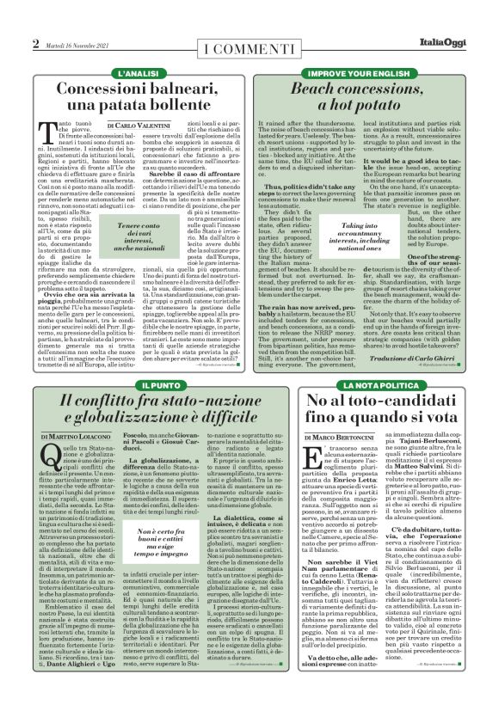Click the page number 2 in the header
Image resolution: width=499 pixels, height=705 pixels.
(36, 42)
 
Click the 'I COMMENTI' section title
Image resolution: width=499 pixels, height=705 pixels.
(249, 45)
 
